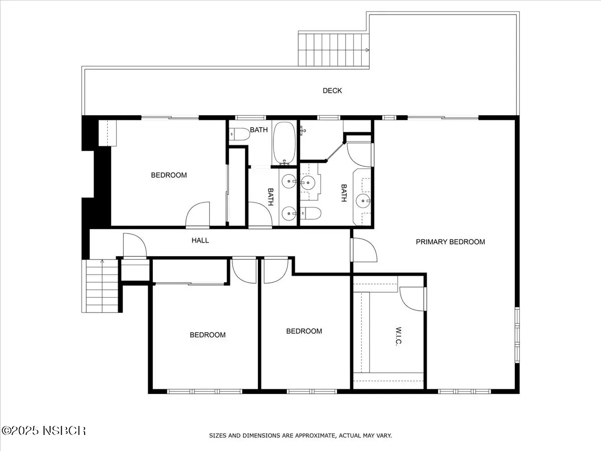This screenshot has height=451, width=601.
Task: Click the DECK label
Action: (332, 91)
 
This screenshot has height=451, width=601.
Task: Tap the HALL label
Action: (200, 241)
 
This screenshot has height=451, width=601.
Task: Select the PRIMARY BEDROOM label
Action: (450, 242)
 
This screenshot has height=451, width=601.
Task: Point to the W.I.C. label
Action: (398, 336)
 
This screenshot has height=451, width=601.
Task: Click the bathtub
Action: (284, 143)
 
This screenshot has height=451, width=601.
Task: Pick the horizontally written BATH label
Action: (259, 130)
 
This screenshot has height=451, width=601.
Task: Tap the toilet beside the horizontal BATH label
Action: (239, 134)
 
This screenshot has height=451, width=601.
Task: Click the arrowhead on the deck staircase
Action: (367, 50)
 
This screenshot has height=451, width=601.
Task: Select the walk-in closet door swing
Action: (412, 299)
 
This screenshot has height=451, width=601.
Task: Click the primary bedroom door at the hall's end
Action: (364, 250)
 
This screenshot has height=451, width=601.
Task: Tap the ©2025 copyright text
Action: (20, 430)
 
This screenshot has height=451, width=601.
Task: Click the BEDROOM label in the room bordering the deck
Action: (169, 175)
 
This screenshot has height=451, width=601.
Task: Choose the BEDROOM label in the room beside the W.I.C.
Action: (304, 331)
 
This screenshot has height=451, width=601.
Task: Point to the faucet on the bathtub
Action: (285, 163)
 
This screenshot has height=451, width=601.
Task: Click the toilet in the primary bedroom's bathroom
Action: (311, 213)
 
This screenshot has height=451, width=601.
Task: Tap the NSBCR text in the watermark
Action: (64, 430)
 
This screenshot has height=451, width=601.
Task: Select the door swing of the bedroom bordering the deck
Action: (197, 215)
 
